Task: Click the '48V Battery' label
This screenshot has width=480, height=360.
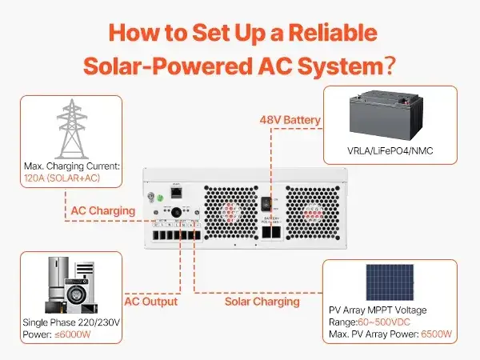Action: click(289, 120)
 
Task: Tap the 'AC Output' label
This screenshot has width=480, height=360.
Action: click(150, 302)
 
